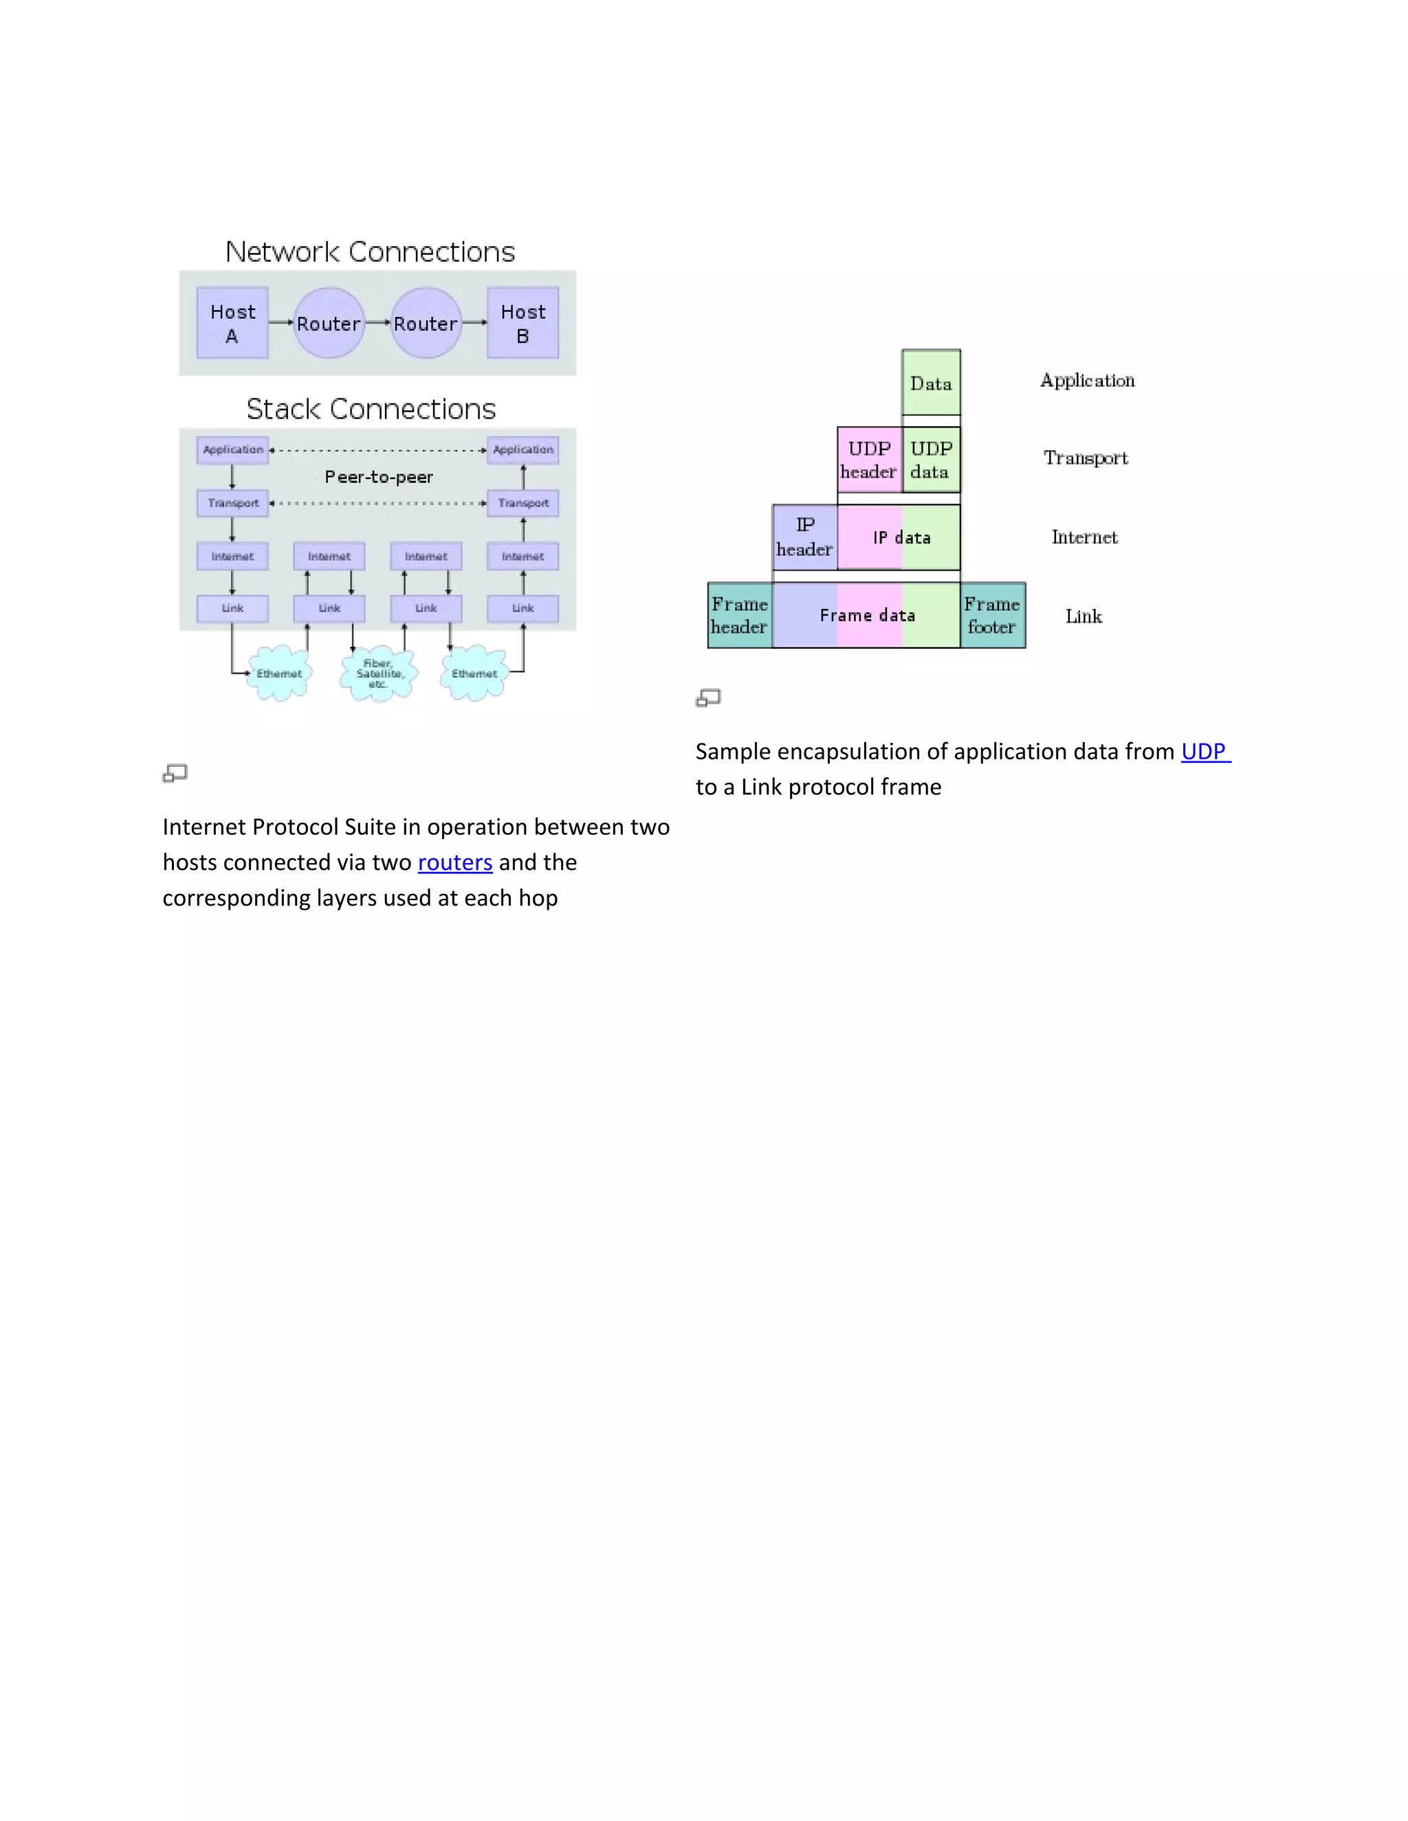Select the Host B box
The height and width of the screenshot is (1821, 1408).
523,324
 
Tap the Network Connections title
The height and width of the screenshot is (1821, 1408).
371,252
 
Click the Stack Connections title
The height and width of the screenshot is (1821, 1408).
371,410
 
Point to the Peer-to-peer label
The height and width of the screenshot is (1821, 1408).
379,477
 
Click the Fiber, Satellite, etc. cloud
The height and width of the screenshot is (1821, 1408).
379,673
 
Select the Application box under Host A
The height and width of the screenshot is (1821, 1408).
233,450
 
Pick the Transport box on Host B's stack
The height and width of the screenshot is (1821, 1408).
523,503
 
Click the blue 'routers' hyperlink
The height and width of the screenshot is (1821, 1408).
454,862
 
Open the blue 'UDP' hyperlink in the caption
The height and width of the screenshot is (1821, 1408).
1204,751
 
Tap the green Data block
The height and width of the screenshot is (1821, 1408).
931,383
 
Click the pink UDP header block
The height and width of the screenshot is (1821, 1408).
869,460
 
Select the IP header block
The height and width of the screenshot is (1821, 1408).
805,537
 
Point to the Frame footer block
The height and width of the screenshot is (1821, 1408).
993,615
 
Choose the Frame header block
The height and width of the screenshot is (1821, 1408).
740,615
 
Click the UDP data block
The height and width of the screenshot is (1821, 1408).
931,460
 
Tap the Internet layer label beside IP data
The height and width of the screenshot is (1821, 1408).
1084,537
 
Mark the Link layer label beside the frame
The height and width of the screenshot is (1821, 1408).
1083,616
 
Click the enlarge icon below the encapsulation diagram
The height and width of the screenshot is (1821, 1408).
708,698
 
